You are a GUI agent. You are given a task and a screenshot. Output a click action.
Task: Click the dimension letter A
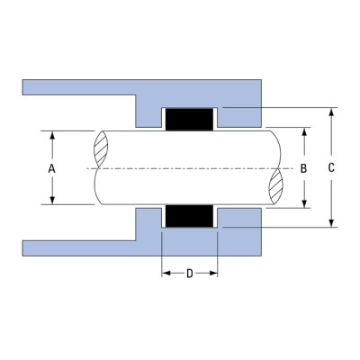(x=52, y=169)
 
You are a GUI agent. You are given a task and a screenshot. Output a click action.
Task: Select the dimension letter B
(x=304, y=168)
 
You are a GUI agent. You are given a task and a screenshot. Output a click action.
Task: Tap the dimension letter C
(x=333, y=168)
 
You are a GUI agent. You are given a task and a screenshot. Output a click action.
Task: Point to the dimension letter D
(x=189, y=274)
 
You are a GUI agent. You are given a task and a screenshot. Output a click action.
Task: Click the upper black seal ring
(x=189, y=118)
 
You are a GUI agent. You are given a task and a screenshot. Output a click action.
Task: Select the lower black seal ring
(x=189, y=217)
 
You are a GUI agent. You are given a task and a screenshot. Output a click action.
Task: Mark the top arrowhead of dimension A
(x=52, y=136)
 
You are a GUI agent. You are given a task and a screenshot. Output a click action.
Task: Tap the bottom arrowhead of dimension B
(x=304, y=204)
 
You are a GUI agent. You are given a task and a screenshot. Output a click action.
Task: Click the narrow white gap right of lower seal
(x=217, y=217)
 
